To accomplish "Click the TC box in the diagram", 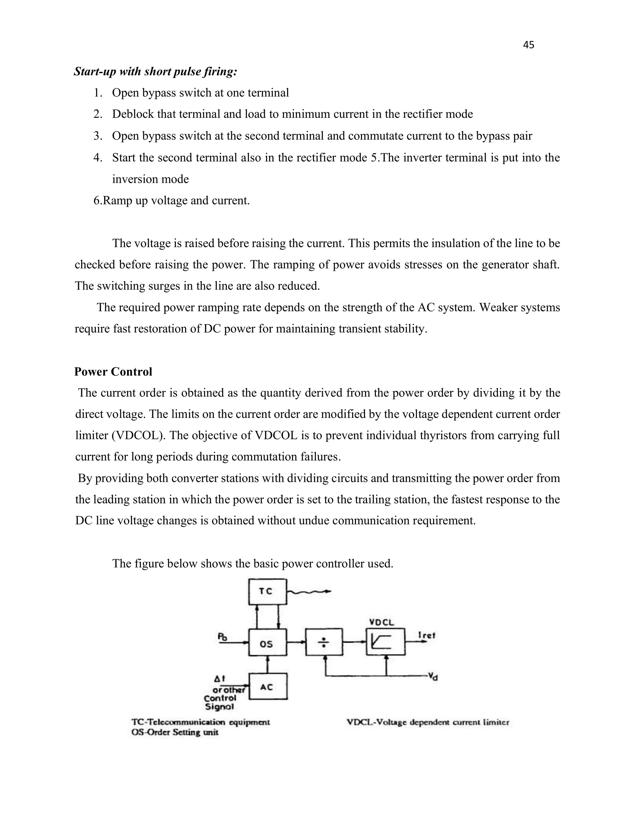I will pyautogui.click(x=268, y=591).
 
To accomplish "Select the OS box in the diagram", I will pyautogui.click(x=268, y=644).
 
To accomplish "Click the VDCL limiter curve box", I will pyautogui.click(x=386, y=642).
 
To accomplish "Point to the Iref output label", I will pyautogui.click(x=427, y=635).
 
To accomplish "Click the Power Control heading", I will pyautogui.click(x=113, y=372).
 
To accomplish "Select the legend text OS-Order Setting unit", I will pyautogui.click(x=175, y=732).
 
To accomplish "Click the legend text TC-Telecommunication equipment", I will pyautogui.click(x=201, y=722).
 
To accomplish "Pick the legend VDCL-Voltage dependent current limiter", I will pyautogui.click(x=428, y=722).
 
